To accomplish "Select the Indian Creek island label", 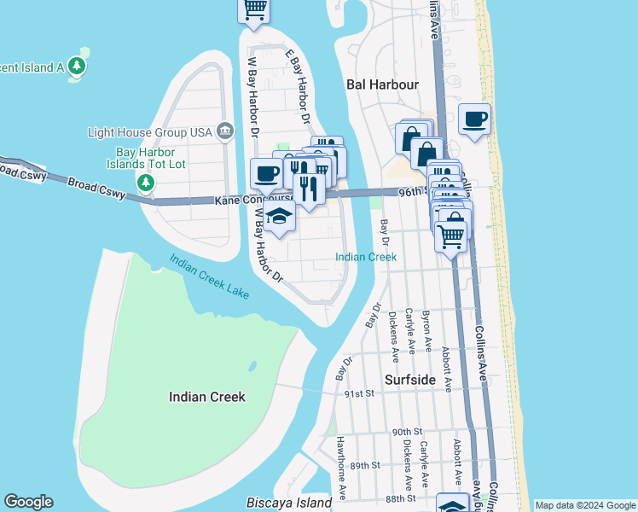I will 206,397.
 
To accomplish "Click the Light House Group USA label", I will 149,132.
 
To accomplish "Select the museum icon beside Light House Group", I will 225,131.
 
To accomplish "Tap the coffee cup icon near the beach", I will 474,119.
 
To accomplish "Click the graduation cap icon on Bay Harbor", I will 278,218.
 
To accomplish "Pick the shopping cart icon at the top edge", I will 253,9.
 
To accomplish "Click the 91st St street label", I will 360,393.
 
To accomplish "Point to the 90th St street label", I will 408,432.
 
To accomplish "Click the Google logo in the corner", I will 28,502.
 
